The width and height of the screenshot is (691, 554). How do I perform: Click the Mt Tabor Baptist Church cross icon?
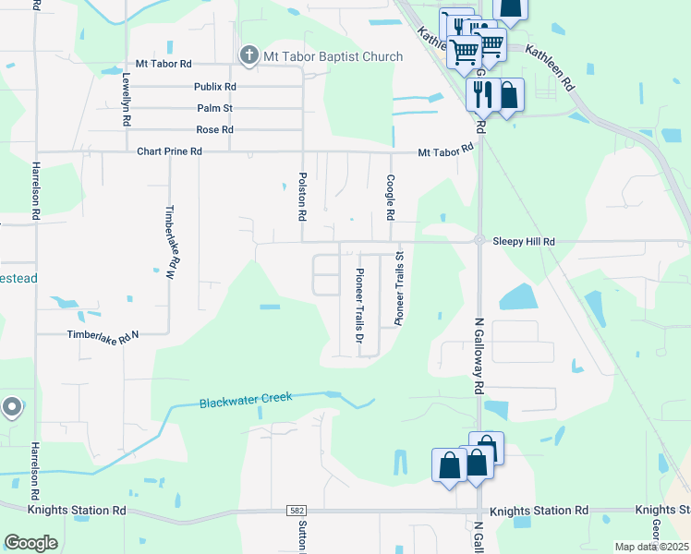tap(249, 56)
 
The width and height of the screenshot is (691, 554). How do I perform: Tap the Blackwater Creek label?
tap(246, 400)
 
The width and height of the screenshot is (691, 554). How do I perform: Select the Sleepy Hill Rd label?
tap(524, 241)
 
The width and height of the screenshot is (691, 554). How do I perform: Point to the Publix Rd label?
tap(215, 87)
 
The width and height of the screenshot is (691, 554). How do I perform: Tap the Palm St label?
tap(214, 108)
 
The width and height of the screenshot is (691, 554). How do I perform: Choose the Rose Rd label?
tap(214, 129)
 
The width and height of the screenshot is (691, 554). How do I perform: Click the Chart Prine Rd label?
tap(169, 151)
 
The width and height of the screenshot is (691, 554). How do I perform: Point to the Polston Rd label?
tap(302, 195)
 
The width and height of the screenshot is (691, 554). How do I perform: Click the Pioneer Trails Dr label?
tap(360, 298)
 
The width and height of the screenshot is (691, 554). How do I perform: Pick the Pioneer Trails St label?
tap(400, 288)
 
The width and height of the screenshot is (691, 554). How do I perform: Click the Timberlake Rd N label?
tap(103, 336)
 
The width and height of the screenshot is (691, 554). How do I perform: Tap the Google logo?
tap(30, 543)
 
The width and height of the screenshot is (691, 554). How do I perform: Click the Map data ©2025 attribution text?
tap(651, 547)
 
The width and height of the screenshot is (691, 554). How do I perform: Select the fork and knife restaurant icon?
tap(480, 94)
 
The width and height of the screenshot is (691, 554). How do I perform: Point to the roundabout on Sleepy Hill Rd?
tap(479, 240)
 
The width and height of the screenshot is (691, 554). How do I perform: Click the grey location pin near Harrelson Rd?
tap(12, 406)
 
